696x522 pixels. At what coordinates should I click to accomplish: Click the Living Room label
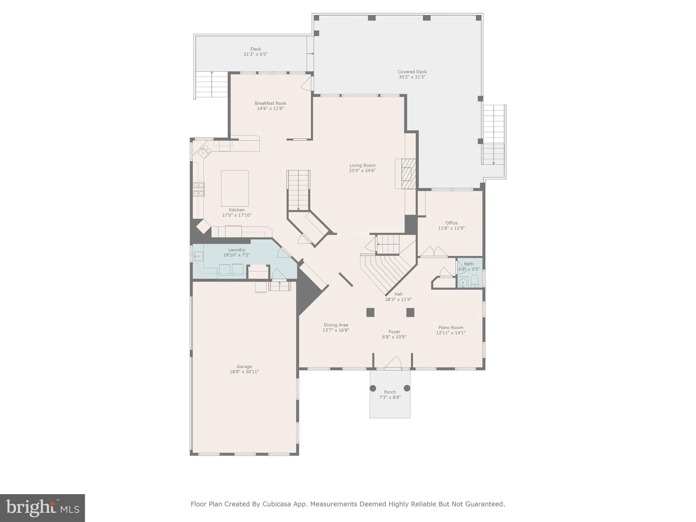click(362, 166)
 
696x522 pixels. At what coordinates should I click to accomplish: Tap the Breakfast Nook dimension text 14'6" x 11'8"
click(271, 109)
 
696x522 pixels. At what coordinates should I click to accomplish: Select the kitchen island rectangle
click(235, 188)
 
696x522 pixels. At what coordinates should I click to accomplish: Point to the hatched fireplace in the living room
click(408, 174)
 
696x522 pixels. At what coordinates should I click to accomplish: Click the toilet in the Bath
click(475, 281)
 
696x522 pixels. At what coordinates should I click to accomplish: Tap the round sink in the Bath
click(463, 282)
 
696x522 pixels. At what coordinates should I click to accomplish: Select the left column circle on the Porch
click(373, 388)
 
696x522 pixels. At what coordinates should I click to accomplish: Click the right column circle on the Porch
click(407, 388)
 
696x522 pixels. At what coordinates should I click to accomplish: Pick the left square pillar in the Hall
click(370, 312)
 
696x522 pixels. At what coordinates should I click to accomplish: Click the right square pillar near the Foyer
click(410, 312)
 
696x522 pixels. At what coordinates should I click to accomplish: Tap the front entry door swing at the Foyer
click(393, 362)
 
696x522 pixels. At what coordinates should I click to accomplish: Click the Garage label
click(244, 367)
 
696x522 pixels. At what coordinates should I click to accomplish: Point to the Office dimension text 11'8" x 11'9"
click(451, 228)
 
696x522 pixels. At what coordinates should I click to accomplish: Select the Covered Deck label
click(412, 72)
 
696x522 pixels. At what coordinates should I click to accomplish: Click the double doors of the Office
click(434, 252)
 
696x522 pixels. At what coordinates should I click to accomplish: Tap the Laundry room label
click(237, 250)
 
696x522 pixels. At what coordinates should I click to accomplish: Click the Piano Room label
click(451, 328)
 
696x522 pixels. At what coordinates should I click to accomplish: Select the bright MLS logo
click(42, 508)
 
